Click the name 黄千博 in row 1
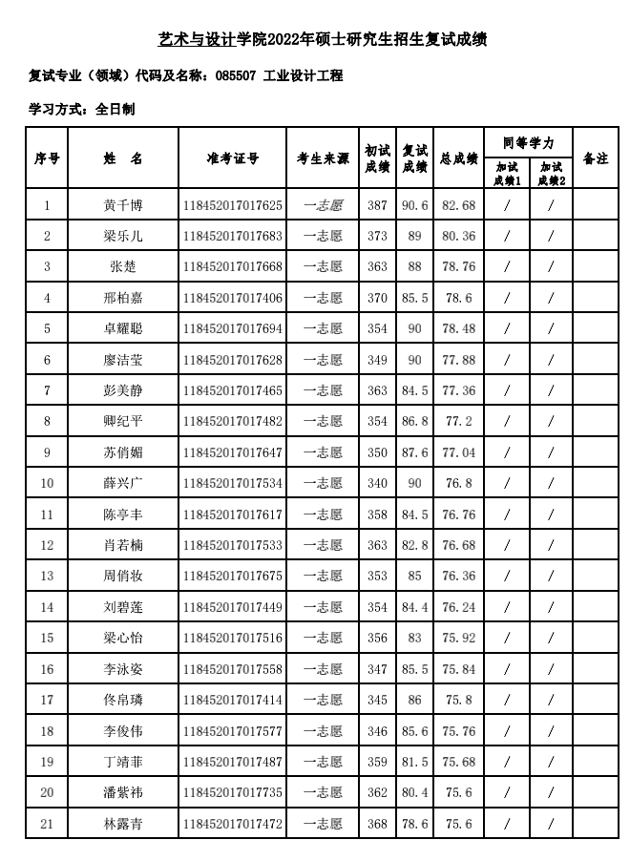tap(123, 205)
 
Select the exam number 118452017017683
tap(232, 236)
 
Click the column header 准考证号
tap(232, 159)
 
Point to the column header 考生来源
tap(323, 159)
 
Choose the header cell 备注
tap(595, 159)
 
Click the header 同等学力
tap(528, 144)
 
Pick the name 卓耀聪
tap(123, 328)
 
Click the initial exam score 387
tap(377, 205)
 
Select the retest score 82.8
tap(414, 545)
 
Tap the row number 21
tap(47, 823)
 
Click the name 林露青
tap(123, 823)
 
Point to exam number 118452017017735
tap(232, 792)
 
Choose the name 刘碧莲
tap(123, 607)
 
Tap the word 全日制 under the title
tap(115, 110)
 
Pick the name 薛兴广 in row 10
tap(123, 483)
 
